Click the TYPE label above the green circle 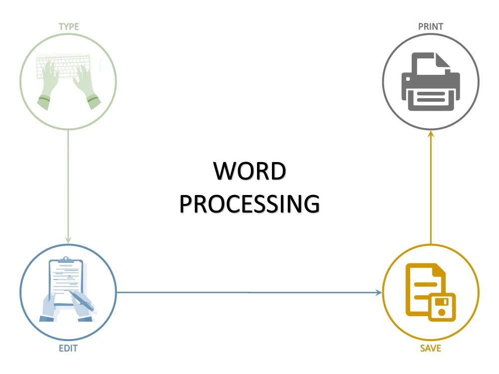(69, 27)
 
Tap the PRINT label (431, 27)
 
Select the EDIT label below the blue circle (68, 348)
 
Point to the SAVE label (431, 348)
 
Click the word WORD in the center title (249, 171)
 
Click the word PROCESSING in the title (249, 204)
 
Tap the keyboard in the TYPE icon (63, 66)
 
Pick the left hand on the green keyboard (48, 84)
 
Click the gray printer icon (431, 81)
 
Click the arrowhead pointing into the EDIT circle (68, 240)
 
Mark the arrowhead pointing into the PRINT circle (431, 134)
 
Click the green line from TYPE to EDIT (68, 187)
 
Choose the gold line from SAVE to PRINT (431, 187)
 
